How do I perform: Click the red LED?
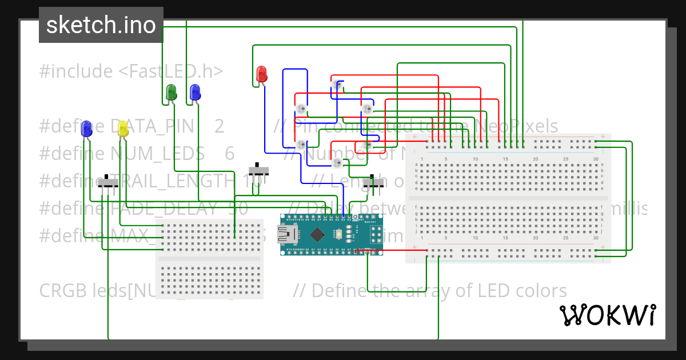tap(261, 74)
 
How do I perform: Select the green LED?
tap(170, 92)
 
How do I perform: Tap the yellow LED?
tap(123, 129)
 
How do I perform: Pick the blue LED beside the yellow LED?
tap(87, 129)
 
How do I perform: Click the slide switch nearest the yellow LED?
tap(107, 183)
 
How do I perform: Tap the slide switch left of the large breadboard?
tap(376, 183)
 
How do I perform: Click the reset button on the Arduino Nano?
tap(339, 234)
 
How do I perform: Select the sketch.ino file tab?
tap(101, 25)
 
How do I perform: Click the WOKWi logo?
tap(607, 315)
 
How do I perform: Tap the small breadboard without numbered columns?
tap(210, 258)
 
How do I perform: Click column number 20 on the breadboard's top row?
tap(536, 159)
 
